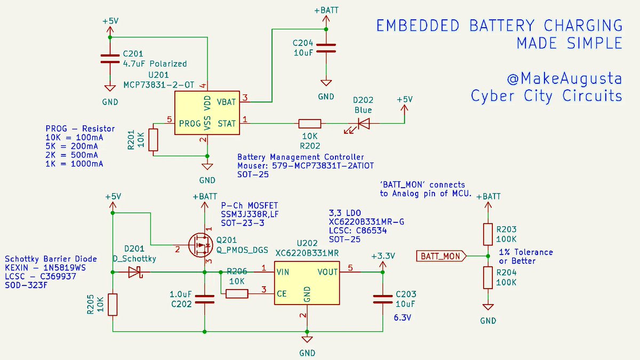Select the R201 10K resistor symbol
pyautogui.click(x=154, y=139)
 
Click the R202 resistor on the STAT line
pyautogui.click(x=309, y=124)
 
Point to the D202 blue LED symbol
pyautogui.click(x=363, y=124)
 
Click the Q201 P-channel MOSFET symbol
pyautogui.click(x=199, y=247)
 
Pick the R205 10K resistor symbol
pyautogui.click(x=113, y=304)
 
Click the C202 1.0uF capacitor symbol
pyautogui.click(x=204, y=299)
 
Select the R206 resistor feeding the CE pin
pyautogui.click(x=237, y=293)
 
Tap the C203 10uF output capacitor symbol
pyautogui.click(x=381, y=299)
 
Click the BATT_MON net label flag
pyautogui.click(x=440, y=257)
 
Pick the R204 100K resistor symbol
pyautogui.click(x=487, y=278)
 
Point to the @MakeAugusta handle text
pyautogui.click(x=564, y=79)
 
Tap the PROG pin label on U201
pyautogui.click(x=190, y=124)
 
